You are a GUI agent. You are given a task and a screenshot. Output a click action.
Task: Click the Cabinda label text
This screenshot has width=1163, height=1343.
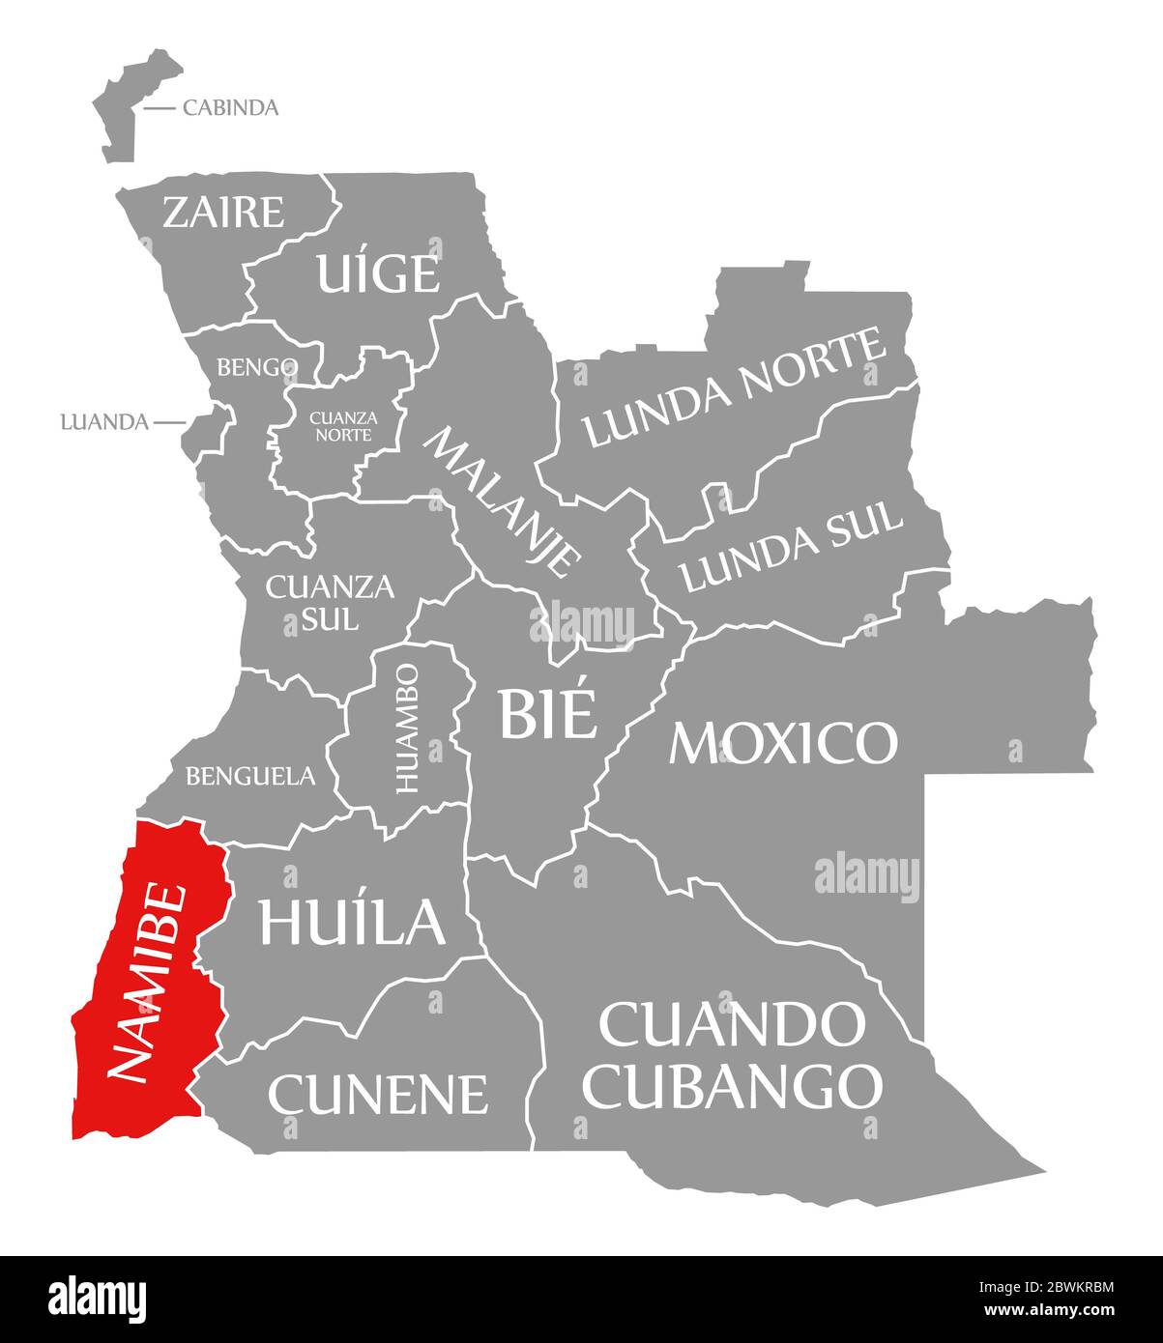(230, 107)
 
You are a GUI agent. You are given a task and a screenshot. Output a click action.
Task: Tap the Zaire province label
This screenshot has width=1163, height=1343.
(223, 212)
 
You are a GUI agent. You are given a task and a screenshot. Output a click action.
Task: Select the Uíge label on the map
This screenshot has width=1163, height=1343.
(378, 273)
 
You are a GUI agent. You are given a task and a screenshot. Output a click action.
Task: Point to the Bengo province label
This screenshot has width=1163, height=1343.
(256, 367)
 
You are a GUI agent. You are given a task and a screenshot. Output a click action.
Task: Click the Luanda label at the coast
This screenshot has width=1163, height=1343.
(104, 422)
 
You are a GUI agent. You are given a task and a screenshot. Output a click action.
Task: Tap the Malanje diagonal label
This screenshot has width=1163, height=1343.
(504, 501)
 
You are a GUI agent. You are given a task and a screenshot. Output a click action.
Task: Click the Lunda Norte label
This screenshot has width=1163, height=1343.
(735, 388)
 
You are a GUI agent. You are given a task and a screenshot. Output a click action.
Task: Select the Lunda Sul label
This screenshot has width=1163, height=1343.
(792, 548)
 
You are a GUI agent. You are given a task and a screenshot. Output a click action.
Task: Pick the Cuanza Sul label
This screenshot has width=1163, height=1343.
(316, 602)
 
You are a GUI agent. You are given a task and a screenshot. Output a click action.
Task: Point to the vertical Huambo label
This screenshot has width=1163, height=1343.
(407, 728)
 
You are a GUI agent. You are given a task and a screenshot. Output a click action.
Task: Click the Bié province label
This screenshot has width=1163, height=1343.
(546, 713)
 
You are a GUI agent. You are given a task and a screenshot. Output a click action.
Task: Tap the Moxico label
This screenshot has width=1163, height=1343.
(783, 742)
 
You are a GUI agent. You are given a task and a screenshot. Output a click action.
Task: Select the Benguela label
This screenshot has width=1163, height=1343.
(250, 775)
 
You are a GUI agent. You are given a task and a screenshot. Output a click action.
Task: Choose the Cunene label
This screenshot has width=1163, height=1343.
(378, 1094)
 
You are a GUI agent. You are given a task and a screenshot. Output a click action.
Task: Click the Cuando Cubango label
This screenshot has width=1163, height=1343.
(735, 1055)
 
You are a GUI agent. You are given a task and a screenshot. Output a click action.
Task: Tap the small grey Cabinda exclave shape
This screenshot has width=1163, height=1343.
(132, 104)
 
